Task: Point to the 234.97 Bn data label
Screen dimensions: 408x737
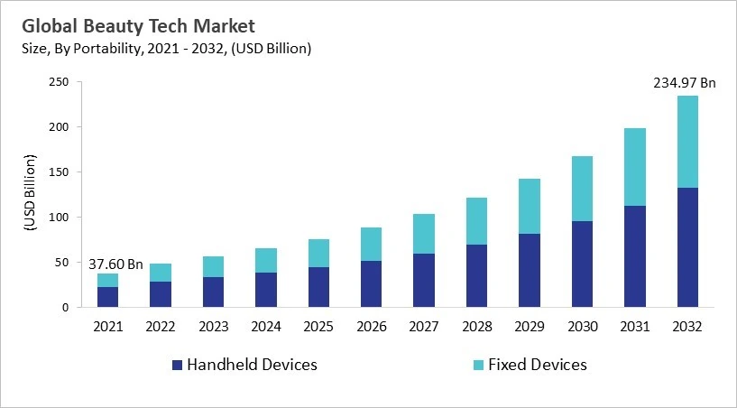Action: [x=683, y=83]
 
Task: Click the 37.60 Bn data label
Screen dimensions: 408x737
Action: [x=115, y=264]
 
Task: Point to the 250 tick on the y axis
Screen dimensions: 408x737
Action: [x=59, y=82]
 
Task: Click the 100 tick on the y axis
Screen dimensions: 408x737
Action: [x=59, y=218]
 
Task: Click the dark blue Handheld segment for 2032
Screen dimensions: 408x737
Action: [x=686, y=247]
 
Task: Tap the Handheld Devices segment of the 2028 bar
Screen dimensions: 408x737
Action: [x=476, y=275]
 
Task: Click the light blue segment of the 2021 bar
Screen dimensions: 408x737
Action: [x=108, y=280]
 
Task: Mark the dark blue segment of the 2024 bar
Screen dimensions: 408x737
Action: [x=266, y=290]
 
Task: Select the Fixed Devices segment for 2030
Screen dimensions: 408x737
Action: [x=582, y=189]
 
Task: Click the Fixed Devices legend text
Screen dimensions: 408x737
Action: [x=537, y=365]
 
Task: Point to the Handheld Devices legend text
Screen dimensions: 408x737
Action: [x=252, y=365]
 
